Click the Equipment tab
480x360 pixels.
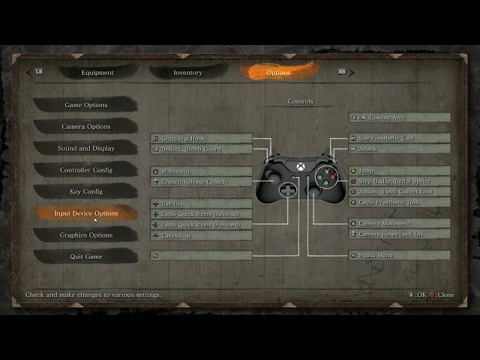click(97, 73)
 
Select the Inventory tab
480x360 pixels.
click(187, 73)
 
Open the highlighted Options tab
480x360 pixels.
click(278, 73)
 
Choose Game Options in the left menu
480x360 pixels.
click(85, 105)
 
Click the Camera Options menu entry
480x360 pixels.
click(85, 127)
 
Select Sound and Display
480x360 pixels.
click(85, 148)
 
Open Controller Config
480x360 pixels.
click(85, 170)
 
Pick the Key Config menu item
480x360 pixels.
click(85, 192)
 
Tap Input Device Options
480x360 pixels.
click(85, 214)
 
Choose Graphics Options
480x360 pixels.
click(85, 235)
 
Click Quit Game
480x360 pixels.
click(85, 257)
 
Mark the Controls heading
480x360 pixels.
click(301, 101)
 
